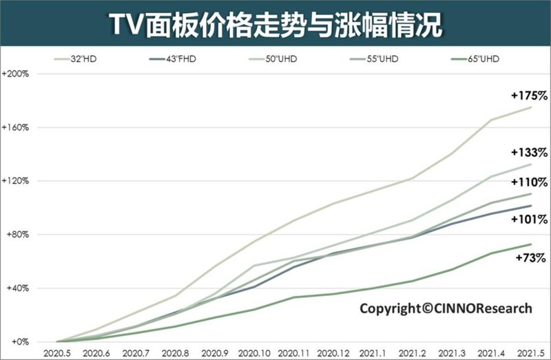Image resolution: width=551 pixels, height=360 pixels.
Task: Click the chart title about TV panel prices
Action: point(275,23)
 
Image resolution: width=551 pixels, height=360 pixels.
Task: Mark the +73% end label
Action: point(530,258)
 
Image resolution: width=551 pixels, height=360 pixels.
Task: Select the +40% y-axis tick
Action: point(15,288)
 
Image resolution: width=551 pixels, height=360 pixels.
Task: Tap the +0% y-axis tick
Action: point(17,341)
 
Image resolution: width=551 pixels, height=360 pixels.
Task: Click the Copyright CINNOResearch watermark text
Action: point(446,308)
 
